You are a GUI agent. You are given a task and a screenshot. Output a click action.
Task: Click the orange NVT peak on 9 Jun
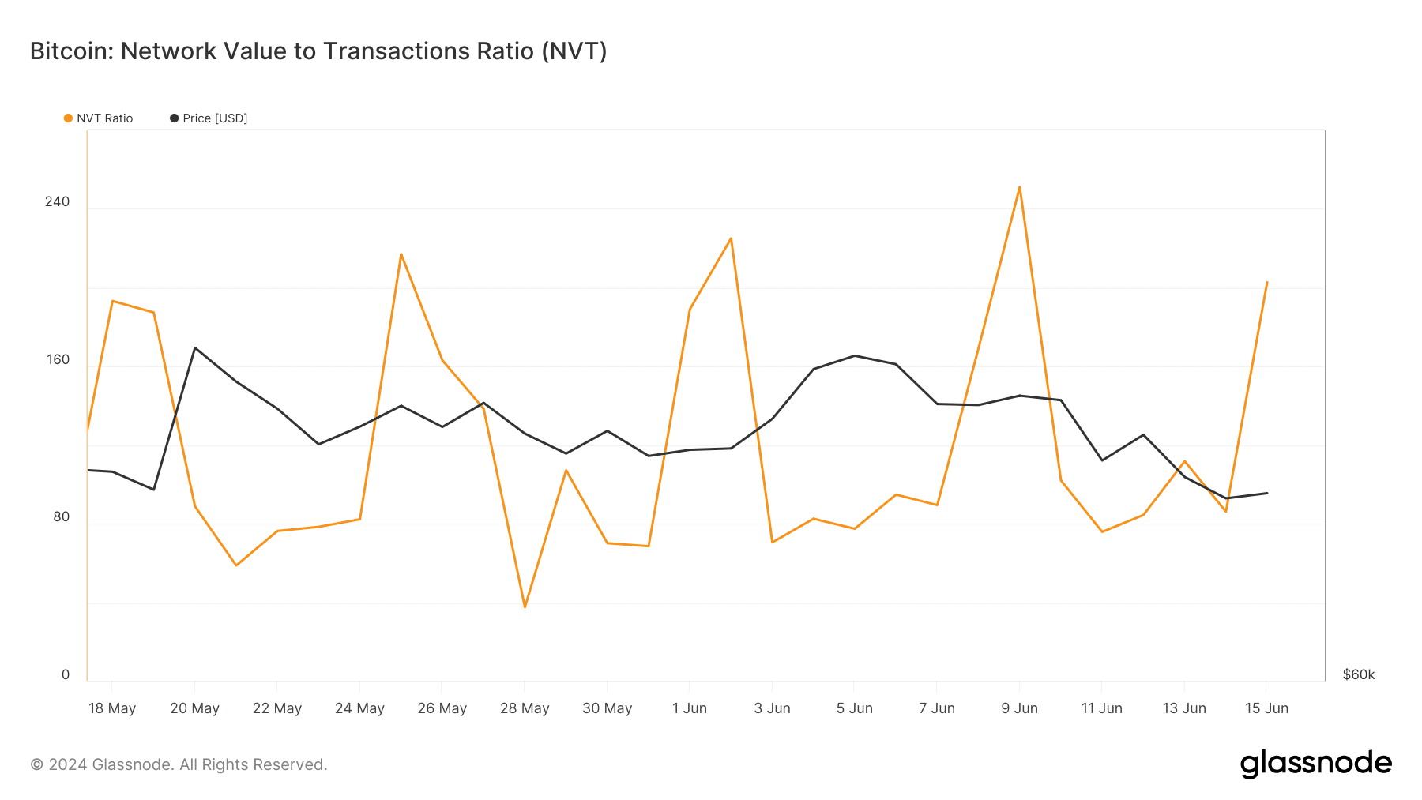tap(1019, 187)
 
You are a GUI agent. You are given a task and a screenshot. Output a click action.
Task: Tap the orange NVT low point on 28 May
tap(525, 607)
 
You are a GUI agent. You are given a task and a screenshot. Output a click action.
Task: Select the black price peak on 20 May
tap(194, 347)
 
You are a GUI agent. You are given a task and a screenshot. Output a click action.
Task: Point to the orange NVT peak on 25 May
tap(401, 254)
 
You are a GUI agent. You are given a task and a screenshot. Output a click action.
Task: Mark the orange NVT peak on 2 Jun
tap(731, 238)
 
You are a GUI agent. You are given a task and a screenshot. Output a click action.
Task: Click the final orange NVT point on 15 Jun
tap(1266, 282)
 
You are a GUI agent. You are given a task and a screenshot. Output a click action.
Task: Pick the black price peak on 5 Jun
tap(854, 355)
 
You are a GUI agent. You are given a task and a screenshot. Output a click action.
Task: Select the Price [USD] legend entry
tap(209, 118)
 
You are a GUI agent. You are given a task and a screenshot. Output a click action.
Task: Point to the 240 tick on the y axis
tap(57, 201)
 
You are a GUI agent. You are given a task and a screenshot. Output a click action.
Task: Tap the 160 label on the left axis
tap(57, 359)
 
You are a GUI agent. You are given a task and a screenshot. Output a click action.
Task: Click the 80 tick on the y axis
tap(61, 516)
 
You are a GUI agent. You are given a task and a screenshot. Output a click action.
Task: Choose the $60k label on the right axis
tap(1358, 674)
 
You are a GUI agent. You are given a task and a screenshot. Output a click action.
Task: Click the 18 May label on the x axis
tap(112, 708)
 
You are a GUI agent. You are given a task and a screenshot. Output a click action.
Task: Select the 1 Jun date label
tap(690, 708)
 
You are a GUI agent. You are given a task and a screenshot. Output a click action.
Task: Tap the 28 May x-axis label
tap(525, 708)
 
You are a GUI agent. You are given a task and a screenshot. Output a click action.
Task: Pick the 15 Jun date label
tap(1266, 708)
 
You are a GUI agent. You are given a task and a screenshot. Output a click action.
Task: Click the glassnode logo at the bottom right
tap(1315, 764)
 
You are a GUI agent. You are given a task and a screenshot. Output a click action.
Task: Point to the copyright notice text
tap(179, 764)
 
